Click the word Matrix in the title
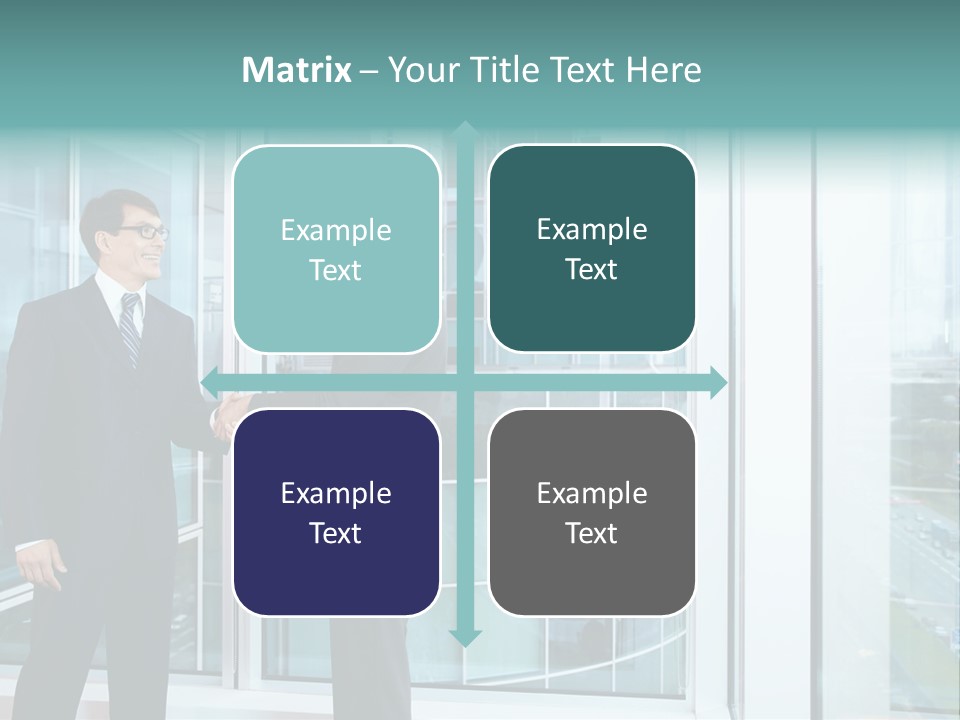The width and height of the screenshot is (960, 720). (x=297, y=70)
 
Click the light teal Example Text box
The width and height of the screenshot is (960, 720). (x=336, y=249)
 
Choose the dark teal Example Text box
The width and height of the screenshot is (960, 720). (x=592, y=249)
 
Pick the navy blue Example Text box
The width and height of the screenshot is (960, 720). (x=336, y=512)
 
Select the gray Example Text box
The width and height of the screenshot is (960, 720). (x=592, y=512)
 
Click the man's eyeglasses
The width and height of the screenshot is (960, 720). (x=144, y=232)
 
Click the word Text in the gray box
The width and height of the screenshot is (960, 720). (x=592, y=533)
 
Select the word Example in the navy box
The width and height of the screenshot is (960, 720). (x=336, y=493)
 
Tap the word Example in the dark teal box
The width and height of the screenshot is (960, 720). (x=592, y=230)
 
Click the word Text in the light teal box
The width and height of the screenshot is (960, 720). (x=336, y=270)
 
